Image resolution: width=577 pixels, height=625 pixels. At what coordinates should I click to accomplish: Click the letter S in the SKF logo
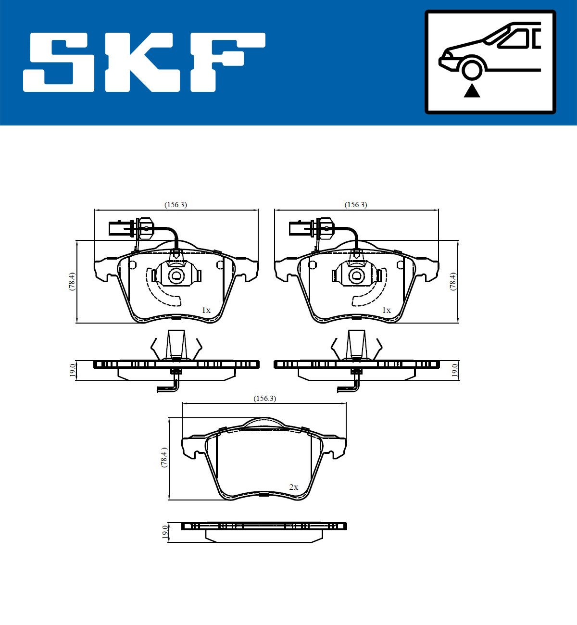tap(59, 62)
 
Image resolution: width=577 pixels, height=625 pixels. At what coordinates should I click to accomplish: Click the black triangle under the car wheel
tap(472, 92)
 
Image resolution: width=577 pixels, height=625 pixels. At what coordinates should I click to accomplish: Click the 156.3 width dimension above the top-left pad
tap(176, 205)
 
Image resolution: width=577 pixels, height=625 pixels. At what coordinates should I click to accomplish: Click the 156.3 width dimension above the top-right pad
tap(356, 205)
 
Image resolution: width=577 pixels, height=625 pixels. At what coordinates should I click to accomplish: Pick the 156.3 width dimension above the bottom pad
tap(265, 399)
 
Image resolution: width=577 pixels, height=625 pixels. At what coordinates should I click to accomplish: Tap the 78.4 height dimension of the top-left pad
tap(72, 281)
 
